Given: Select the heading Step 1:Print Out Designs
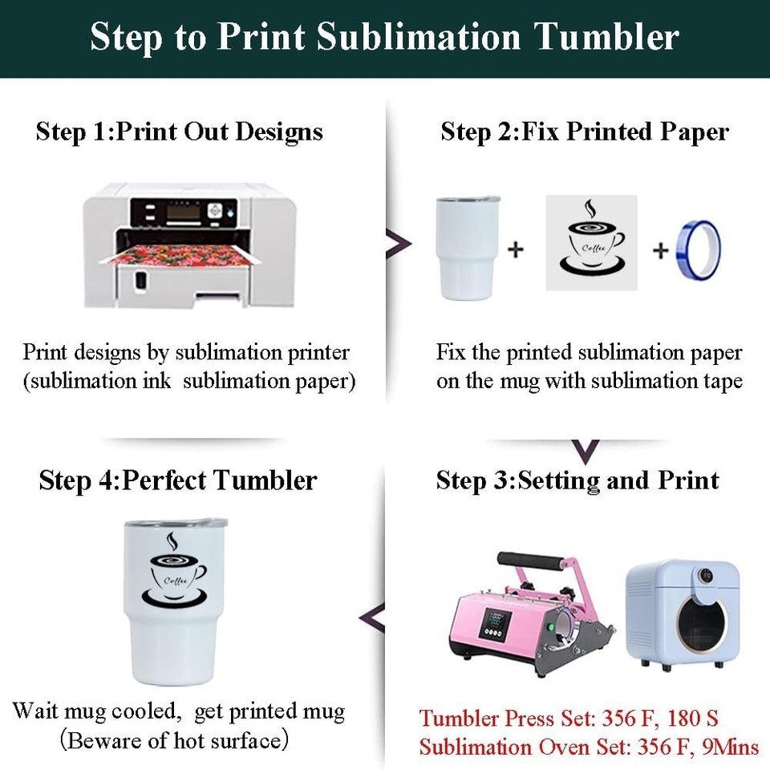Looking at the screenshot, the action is [x=179, y=132].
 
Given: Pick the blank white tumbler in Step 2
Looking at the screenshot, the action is [x=467, y=248].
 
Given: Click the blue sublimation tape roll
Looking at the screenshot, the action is [x=699, y=250].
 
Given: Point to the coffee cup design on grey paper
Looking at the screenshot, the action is [x=592, y=242].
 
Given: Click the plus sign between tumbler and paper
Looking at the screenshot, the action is [x=516, y=249].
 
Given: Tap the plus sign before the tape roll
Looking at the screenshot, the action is [x=660, y=250].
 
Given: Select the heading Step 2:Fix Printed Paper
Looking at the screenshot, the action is [x=585, y=132].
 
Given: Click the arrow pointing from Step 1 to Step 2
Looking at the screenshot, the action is [x=399, y=244].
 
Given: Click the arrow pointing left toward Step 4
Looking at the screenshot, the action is [x=371, y=618].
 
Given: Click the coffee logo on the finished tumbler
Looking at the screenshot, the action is [x=174, y=569].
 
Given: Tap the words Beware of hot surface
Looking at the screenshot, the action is [x=174, y=740].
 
